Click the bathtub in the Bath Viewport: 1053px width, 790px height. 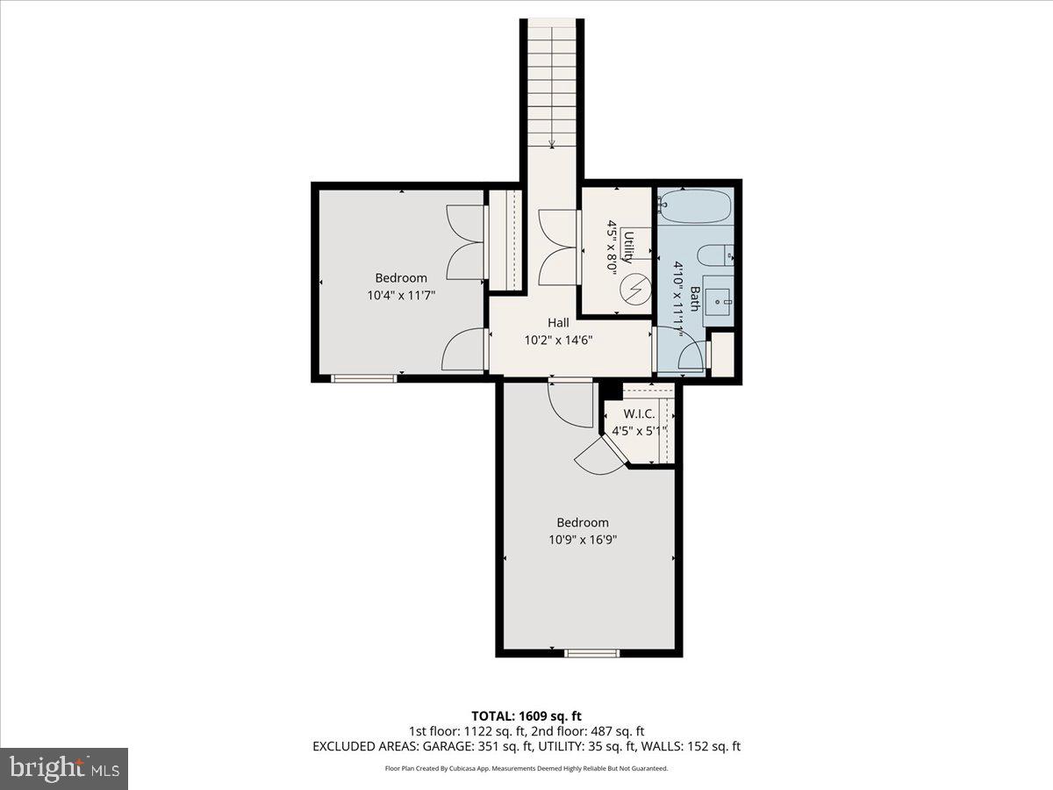click(x=694, y=206)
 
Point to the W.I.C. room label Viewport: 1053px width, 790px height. click(x=639, y=413)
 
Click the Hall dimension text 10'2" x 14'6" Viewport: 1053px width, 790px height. click(x=558, y=341)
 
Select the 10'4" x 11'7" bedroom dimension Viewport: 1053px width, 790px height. click(x=401, y=296)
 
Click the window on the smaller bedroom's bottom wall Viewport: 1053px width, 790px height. click(x=363, y=378)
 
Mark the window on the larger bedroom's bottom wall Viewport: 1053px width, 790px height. click(x=591, y=652)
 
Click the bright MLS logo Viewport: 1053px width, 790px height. click(x=64, y=769)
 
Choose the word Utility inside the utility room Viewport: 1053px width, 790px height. click(x=628, y=245)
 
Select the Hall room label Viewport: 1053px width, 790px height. click(x=558, y=322)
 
